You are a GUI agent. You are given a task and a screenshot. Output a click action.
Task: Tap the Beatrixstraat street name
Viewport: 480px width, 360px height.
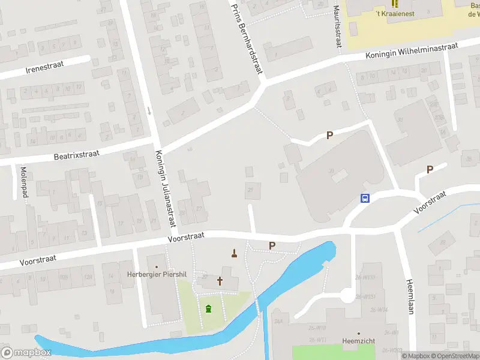coord(77,155)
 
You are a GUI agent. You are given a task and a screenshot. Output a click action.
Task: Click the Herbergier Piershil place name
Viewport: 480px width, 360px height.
coord(154,274)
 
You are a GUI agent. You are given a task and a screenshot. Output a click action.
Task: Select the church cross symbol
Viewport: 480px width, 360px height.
coord(220,280)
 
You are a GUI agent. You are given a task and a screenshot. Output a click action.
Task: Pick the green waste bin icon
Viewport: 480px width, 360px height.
coord(208,309)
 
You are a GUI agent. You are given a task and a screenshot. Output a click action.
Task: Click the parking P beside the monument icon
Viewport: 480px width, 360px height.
coord(272,245)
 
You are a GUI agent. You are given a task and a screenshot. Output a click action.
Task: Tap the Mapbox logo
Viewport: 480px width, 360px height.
coord(26,352)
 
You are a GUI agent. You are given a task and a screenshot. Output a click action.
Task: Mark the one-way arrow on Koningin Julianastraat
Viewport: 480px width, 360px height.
coord(149,110)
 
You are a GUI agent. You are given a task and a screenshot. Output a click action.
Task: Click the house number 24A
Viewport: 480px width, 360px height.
coord(278,322)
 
